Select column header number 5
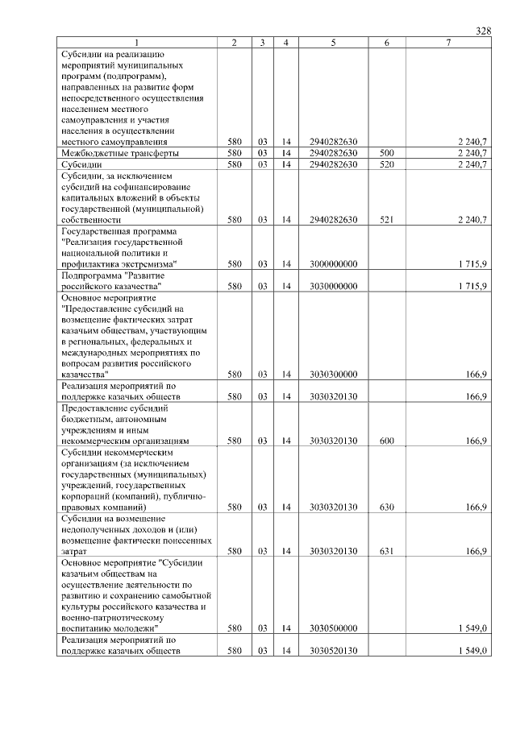(333, 42)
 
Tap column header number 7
(448, 42)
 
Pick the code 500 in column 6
(386, 152)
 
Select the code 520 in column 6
(386, 164)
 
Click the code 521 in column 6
(386, 219)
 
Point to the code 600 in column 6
(386, 441)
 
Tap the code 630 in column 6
(386, 507)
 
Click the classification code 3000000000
(333, 263)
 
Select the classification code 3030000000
(333, 286)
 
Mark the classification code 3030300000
(333, 374)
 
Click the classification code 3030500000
(333, 628)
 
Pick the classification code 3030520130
(333, 650)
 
